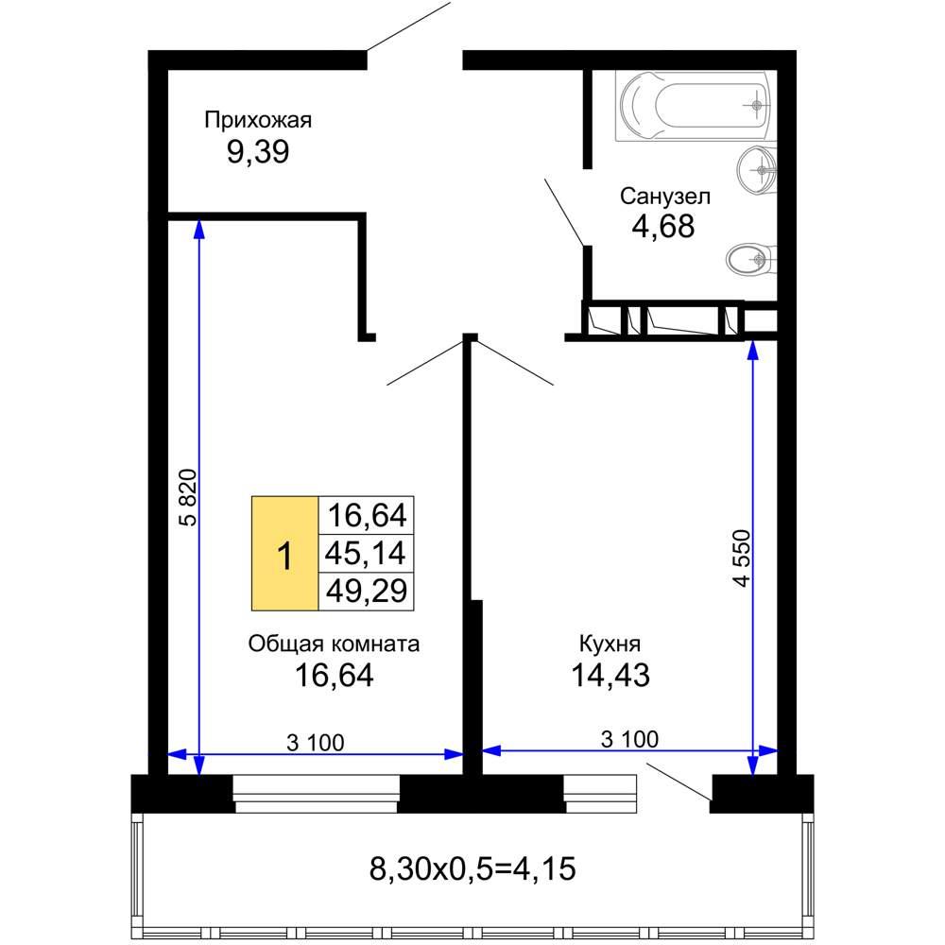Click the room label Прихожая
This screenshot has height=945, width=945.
click(258, 121)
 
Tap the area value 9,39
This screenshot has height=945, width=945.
click(258, 151)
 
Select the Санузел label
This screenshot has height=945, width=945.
click(664, 196)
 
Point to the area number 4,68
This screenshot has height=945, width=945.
click(663, 227)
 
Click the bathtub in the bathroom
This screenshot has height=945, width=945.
click(693, 106)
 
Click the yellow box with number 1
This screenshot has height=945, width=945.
click(284, 553)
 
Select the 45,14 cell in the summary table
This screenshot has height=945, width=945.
click(366, 553)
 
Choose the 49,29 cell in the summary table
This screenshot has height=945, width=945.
click(366, 591)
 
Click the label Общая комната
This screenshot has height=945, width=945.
click(334, 644)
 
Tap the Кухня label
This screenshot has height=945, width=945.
click(610, 644)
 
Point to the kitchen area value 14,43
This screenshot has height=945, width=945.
click(610, 675)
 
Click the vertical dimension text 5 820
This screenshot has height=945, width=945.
click(189, 497)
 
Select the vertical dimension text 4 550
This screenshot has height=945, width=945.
click(743, 558)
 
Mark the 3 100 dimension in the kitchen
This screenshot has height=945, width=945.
click(629, 739)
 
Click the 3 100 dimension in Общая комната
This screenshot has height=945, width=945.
click(316, 743)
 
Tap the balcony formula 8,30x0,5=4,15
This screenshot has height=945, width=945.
click(472, 869)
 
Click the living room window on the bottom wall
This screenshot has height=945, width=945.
click(317, 794)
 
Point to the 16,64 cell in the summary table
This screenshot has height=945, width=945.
click(366, 515)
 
